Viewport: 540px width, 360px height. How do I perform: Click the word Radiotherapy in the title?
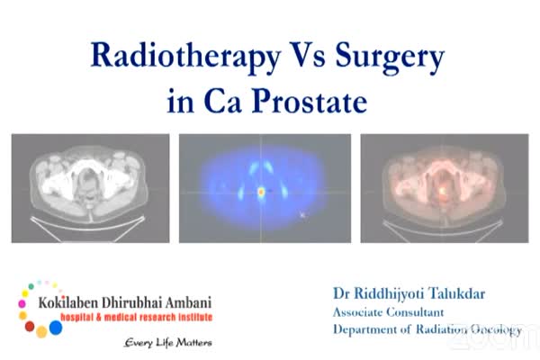(x=185, y=57)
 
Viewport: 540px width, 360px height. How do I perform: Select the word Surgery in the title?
(x=390, y=58)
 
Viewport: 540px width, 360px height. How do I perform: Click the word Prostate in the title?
(x=310, y=101)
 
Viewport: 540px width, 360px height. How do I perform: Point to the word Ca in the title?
(x=222, y=101)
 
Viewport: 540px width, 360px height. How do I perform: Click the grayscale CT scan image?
(x=90, y=188)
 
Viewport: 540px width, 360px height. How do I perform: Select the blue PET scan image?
(x=265, y=188)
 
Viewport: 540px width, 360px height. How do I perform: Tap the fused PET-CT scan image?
(x=445, y=188)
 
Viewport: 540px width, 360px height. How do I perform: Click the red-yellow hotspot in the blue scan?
(x=261, y=192)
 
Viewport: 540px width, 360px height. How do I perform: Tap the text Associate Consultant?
(x=388, y=312)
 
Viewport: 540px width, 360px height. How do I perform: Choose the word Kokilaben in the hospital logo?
(x=68, y=302)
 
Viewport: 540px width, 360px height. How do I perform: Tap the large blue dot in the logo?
(x=56, y=328)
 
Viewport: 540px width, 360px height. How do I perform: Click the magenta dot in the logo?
(x=22, y=303)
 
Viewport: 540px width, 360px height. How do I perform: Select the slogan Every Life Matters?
(x=168, y=343)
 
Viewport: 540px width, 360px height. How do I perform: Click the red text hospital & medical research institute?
(x=137, y=317)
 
